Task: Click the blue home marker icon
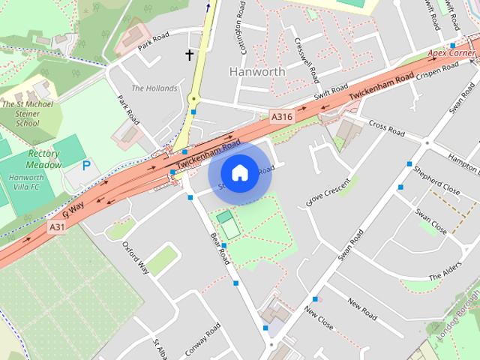(239, 172)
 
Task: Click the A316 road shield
(282, 116)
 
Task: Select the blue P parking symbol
(86, 164)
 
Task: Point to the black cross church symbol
(190, 54)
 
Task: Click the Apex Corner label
(452, 55)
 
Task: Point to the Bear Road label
(219, 247)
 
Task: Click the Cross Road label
(385, 129)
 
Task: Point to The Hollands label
(154, 88)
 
